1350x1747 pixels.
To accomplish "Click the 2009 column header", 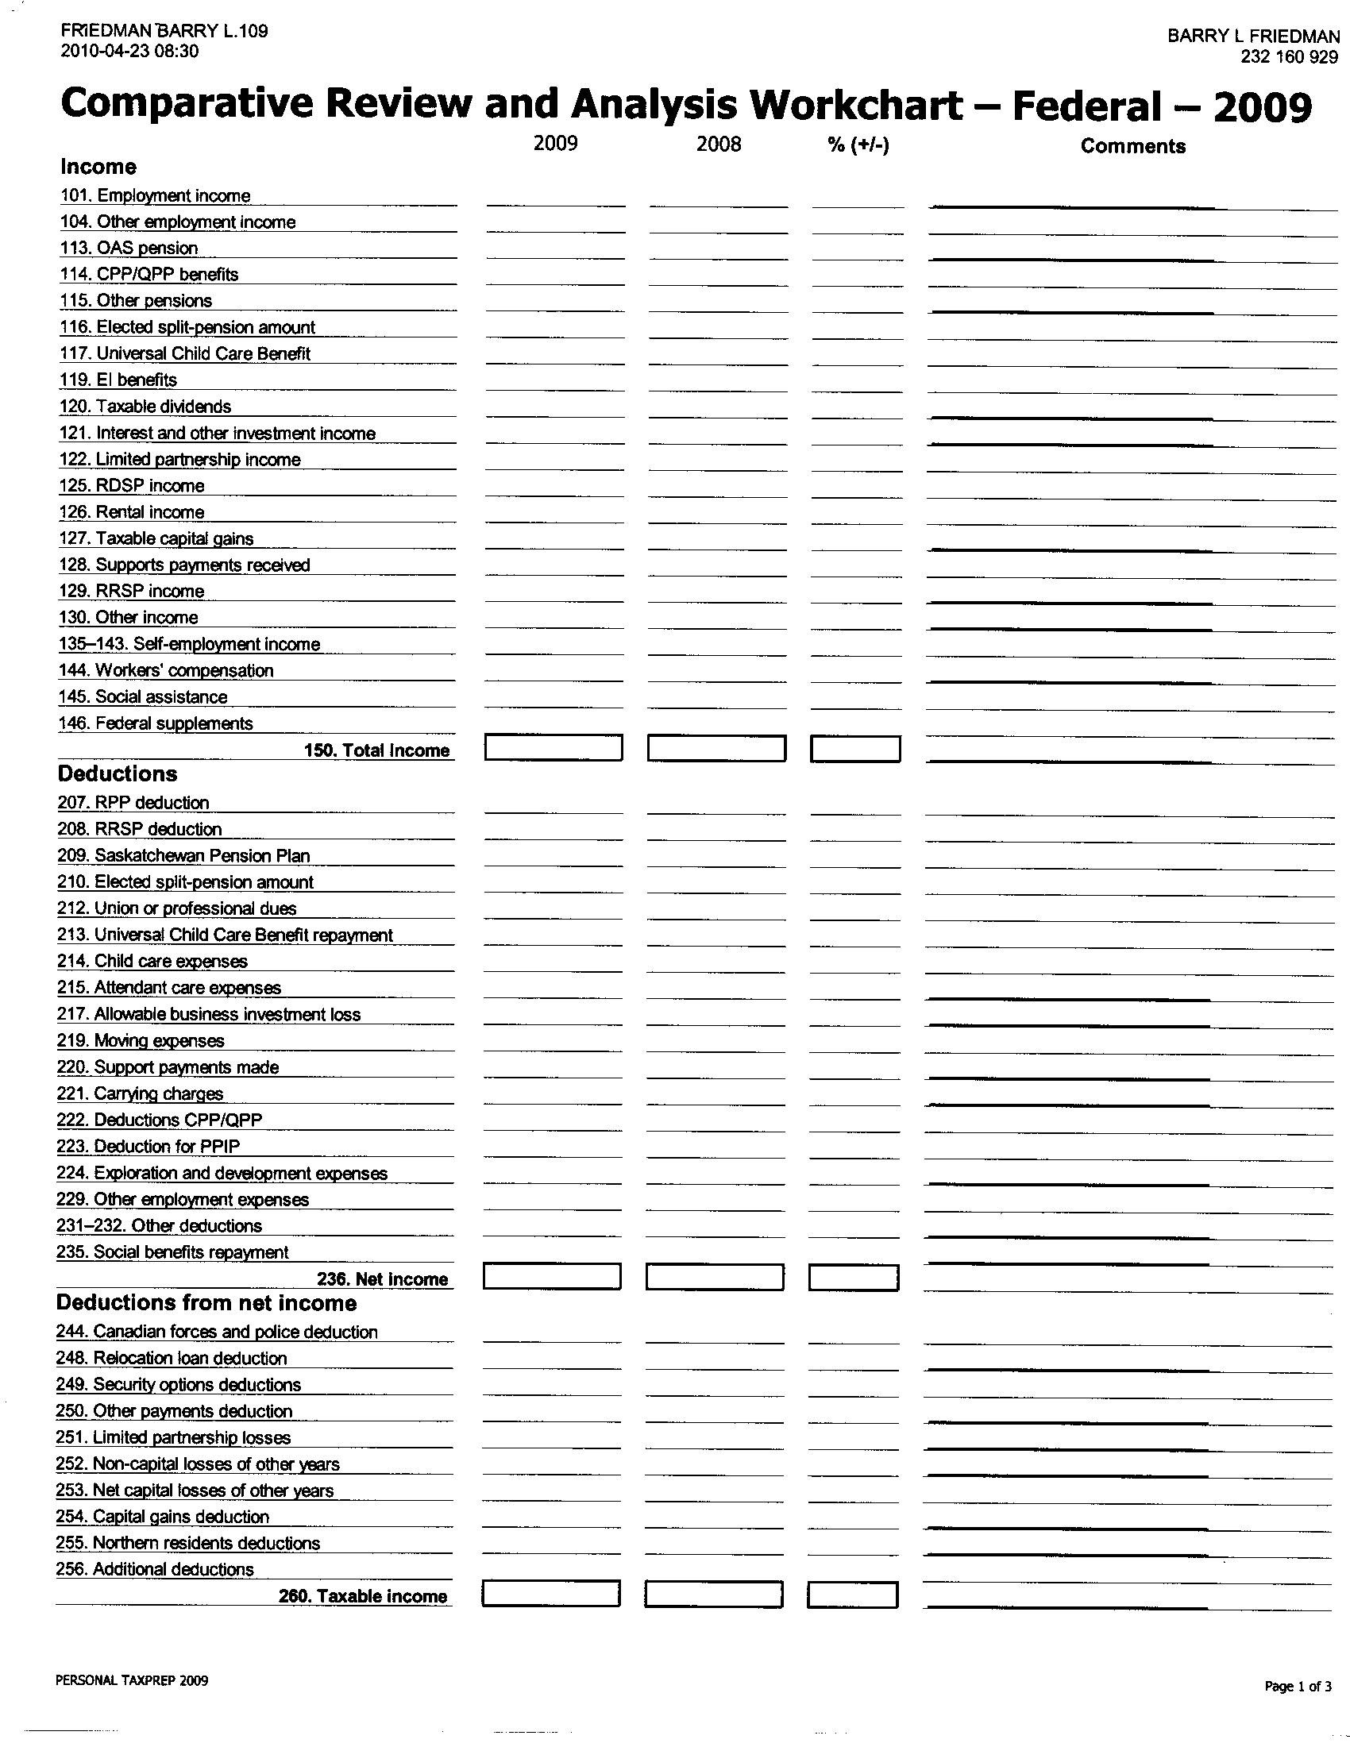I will tap(555, 144).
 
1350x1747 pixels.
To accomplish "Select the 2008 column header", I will tap(718, 145).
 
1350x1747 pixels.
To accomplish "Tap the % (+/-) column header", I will tap(858, 145).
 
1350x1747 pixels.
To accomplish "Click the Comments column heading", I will tap(1132, 146).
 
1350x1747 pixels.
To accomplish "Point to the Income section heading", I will tap(98, 168).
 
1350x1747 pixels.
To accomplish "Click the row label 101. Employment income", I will tap(155, 196).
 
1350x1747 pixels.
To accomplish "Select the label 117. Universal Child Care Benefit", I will tap(185, 353).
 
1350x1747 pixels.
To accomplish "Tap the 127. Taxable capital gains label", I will tap(156, 538).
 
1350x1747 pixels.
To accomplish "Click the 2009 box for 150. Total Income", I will tap(553, 748).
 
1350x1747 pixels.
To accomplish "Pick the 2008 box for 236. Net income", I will tap(714, 1278).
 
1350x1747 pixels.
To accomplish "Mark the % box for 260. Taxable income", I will tap(853, 1595).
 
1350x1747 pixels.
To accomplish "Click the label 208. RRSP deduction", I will tap(139, 830).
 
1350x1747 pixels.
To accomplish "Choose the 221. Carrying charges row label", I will tap(140, 1093).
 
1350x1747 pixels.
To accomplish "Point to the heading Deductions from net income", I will tap(206, 1304).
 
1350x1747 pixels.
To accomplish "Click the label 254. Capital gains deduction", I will tap(162, 1517).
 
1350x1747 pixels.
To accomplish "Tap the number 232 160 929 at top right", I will tap(1289, 58).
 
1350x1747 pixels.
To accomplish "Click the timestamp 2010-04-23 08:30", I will tap(129, 52).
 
